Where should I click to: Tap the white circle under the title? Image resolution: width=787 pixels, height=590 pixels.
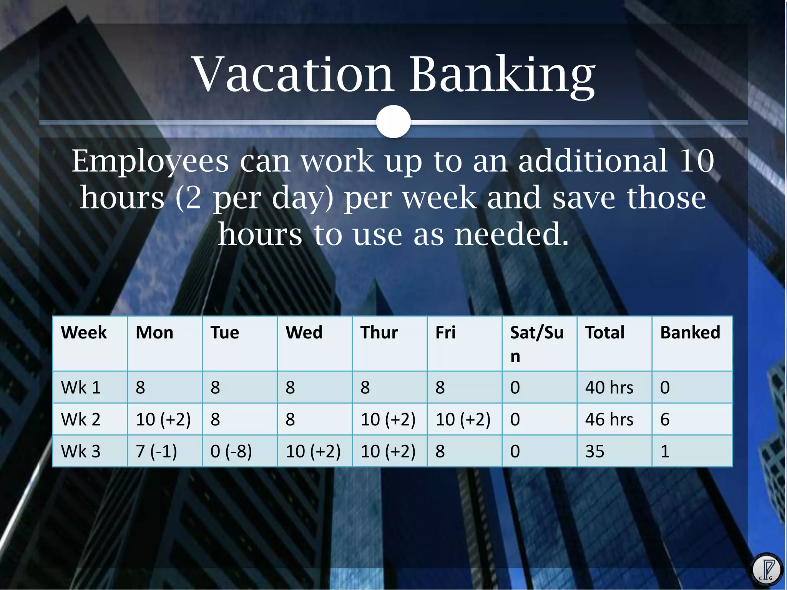click(x=393, y=121)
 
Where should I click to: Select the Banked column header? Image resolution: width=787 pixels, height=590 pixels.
click(x=690, y=333)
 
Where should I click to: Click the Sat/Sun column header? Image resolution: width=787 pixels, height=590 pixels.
click(x=536, y=343)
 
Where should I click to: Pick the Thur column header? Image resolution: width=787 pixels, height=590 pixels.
click(x=379, y=333)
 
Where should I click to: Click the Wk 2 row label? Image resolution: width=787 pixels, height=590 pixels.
click(x=81, y=419)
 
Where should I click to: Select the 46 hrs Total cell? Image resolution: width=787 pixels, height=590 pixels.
click(x=609, y=419)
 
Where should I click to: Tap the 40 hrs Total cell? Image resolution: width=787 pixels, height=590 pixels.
click(x=609, y=387)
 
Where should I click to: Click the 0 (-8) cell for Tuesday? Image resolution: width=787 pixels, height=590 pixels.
click(x=231, y=451)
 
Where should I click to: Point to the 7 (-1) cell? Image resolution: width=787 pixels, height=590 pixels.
click(x=156, y=451)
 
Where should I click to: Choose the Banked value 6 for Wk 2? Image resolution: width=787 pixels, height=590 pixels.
click(x=665, y=419)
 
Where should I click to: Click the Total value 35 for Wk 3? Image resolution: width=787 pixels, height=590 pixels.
click(x=594, y=451)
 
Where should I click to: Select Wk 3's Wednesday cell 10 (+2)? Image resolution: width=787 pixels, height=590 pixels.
click(x=313, y=451)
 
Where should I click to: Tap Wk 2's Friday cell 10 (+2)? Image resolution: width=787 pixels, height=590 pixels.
click(x=463, y=419)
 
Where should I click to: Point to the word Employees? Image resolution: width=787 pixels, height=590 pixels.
click(x=150, y=161)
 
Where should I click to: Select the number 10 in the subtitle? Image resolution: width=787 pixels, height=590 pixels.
click(x=696, y=161)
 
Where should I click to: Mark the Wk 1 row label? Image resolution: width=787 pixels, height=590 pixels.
click(x=81, y=387)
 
